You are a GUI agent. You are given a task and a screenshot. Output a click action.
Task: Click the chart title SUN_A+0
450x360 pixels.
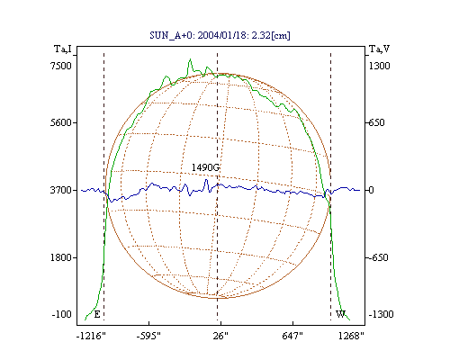coord(170,36)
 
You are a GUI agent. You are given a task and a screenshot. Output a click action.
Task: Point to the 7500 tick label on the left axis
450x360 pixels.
coord(61,66)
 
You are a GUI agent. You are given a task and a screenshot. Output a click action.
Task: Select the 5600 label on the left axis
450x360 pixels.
coord(61,122)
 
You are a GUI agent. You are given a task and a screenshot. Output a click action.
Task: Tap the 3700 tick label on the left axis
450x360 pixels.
coord(61,190)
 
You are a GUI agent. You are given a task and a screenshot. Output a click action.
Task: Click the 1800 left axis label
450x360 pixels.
coord(61,257)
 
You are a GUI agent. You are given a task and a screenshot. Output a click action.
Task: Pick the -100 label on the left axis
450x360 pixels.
coord(62,314)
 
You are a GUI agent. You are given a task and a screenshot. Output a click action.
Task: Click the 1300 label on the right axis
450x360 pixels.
coord(380,66)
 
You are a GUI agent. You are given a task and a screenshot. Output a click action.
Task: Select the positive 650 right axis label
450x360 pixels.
coord(377,122)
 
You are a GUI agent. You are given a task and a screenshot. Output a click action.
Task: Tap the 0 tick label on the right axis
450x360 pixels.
coord(372,190)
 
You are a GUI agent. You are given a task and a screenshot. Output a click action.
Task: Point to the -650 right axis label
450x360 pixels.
coord(379,257)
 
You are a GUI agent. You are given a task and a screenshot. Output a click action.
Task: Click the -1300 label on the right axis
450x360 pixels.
coord(381,314)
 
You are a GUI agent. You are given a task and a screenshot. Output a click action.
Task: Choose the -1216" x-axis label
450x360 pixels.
coord(91,336)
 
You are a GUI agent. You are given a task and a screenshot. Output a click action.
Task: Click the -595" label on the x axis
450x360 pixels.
coord(148,336)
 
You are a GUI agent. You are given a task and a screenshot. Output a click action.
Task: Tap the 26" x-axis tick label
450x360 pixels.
coord(220,336)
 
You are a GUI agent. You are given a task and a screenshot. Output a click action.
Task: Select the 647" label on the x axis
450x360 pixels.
coord(292,336)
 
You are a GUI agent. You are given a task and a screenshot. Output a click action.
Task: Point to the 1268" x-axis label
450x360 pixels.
coord(351,336)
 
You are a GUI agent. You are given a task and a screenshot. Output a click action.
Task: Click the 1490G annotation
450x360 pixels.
coord(205,167)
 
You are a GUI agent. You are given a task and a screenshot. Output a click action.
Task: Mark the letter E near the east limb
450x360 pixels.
coord(97,314)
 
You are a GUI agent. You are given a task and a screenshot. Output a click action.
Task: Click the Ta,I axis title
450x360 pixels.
coord(63,49)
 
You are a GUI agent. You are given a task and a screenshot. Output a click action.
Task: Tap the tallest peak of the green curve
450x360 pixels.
coord(190,59)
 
